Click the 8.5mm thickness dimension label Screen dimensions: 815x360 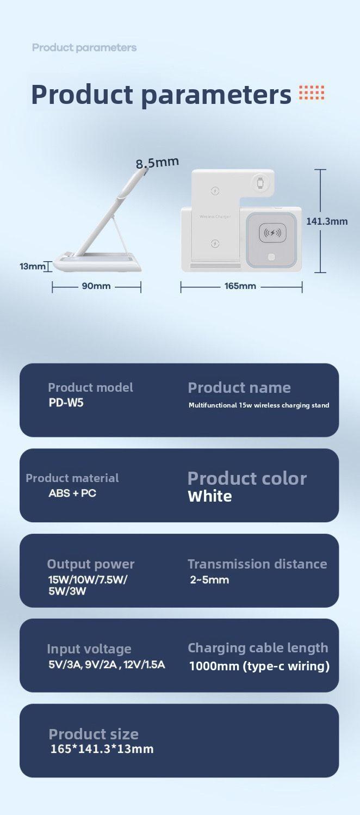click(x=157, y=162)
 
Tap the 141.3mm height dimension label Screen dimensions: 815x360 click(x=326, y=221)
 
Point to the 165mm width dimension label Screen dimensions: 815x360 click(x=240, y=286)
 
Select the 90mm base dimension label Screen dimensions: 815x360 click(x=96, y=286)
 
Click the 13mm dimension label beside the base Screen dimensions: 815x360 click(x=32, y=267)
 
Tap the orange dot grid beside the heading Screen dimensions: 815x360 click(x=312, y=93)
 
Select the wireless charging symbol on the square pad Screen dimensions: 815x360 click(x=272, y=233)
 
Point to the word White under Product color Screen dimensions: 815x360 click(x=209, y=496)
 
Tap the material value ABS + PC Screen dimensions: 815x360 click(x=72, y=493)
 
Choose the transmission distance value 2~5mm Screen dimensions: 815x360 click(x=209, y=580)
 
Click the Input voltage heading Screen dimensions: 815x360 click(x=89, y=649)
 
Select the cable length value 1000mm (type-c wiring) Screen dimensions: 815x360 click(x=259, y=666)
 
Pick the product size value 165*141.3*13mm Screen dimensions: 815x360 click(x=102, y=749)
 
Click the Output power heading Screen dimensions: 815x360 click(x=90, y=564)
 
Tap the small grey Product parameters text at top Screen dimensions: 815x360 click(x=84, y=47)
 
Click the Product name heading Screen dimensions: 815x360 click(x=239, y=388)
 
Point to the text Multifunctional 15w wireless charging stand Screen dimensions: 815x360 click(x=259, y=405)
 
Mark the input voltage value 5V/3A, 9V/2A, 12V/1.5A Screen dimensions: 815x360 click(x=107, y=665)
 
